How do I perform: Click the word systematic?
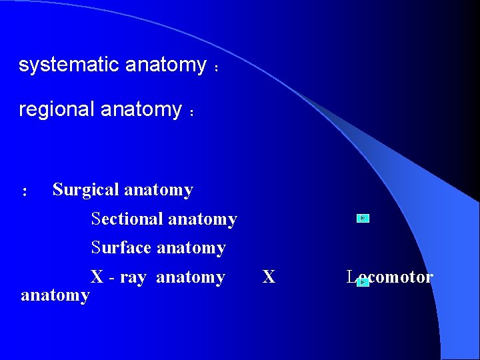coord(69,65)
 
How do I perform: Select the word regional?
coord(57,109)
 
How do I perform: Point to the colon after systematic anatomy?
coord(216,68)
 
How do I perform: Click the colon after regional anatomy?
coord(191,113)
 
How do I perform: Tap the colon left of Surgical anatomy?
coord(24,192)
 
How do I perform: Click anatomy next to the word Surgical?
coord(159,190)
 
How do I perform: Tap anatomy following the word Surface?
coord(191,248)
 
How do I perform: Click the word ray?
coord(133,277)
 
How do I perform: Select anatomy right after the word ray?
coord(191,277)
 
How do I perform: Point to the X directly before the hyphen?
coord(97,277)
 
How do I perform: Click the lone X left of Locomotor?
coord(269,277)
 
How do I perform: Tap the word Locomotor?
coord(390,277)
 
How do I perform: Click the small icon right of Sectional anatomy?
coord(363,218)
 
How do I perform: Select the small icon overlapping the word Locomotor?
coord(363,282)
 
